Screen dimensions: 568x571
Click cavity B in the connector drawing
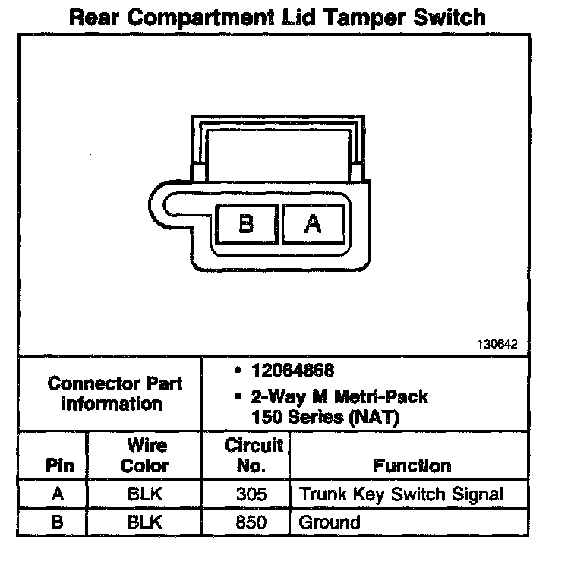click(246, 224)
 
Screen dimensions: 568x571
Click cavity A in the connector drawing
click(313, 224)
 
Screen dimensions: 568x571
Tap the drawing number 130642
click(498, 344)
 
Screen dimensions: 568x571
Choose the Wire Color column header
click(145, 455)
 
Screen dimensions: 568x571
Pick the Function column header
click(412, 465)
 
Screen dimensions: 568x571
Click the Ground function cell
click(330, 522)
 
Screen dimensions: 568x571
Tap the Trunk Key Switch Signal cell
click(402, 494)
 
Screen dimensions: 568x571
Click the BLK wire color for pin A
click(145, 494)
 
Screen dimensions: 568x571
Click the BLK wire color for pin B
click(145, 522)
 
